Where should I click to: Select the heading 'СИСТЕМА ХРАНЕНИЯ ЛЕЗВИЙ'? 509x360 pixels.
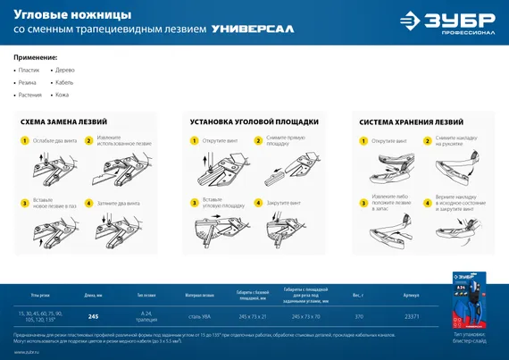pyautogui.click(x=411, y=121)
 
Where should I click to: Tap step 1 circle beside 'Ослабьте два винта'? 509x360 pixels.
pyautogui.click(x=25, y=140)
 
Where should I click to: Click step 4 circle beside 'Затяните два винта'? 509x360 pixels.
pyautogui.click(x=88, y=203)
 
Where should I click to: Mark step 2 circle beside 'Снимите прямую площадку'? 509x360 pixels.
pyautogui.click(x=258, y=140)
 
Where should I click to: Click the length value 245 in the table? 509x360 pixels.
pyautogui.click(x=93, y=316)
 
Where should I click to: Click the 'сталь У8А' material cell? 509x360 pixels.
pyautogui.click(x=199, y=316)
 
